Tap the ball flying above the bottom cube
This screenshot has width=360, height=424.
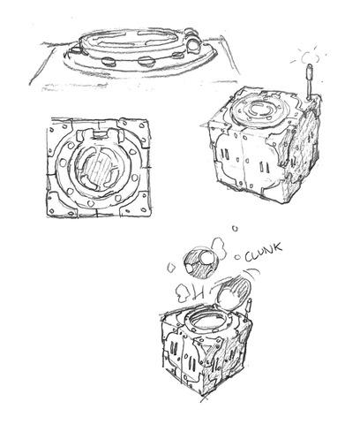[x=201, y=263]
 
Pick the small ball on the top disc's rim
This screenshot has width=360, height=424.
[x=194, y=45]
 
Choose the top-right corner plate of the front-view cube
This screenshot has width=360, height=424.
[x=134, y=130]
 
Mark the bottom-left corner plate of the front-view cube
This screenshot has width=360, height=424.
[x=61, y=205]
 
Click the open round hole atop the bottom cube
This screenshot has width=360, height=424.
[x=208, y=322]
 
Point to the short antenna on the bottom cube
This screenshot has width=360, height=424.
[x=249, y=307]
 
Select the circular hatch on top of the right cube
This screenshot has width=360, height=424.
[x=258, y=110]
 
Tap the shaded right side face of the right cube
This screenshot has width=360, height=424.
[x=302, y=148]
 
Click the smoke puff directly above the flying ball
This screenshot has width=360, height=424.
[x=219, y=249]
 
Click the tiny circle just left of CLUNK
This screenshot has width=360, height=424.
[x=237, y=257]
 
